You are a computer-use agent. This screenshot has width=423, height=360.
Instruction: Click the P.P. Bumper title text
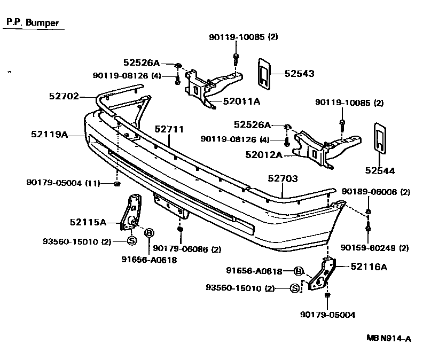[x=32, y=23]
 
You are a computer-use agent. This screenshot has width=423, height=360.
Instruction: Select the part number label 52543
[x=299, y=74]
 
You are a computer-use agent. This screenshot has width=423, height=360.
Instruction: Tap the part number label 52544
[x=380, y=171]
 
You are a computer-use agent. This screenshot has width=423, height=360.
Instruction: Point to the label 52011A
[x=241, y=101]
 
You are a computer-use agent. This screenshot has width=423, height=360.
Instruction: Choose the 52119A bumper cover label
[x=49, y=135]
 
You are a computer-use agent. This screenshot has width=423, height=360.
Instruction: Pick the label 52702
[x=64, y=97]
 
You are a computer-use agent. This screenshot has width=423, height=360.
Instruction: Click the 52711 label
[x=169, y=129]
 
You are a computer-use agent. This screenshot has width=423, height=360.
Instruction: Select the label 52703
[x=283, y=179]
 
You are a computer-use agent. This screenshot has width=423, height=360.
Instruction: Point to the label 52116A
[x=369, y=267]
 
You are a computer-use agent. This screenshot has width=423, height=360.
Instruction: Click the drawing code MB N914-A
[x=389, y=338]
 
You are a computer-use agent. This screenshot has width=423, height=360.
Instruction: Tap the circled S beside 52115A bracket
[x=131, y=241]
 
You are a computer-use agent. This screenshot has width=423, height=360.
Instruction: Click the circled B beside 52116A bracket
[x=299, y=271]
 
